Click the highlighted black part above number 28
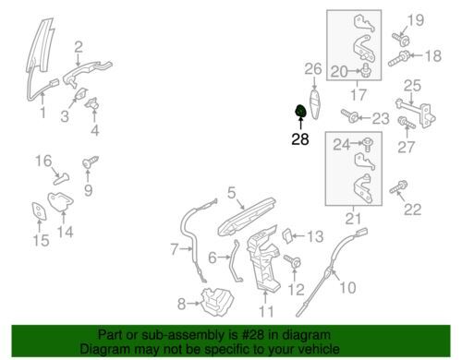(x=300, y=111)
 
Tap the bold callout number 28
(x=300, y=139)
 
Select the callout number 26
(x=313, y=69)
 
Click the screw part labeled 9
(x=91, y=162)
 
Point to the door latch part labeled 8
(x=217, y=302)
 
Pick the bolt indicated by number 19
(x=401, y=39)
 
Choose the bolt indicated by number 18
(x=398, y=58)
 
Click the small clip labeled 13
(x=287, y=236)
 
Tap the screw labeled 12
(x=292, y=261)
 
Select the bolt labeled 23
(x=349, y=115)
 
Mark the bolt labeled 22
(x=398, y=187)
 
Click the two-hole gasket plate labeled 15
(x=39, y=211)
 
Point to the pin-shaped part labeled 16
(x=61, y=179)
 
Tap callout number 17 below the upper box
(x=359, y=95)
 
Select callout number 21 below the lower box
(x=353, y=219)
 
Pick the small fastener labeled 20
(x=366, y=70)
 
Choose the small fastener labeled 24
(x=368, y=144)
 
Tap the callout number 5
(x=232, y=193)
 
